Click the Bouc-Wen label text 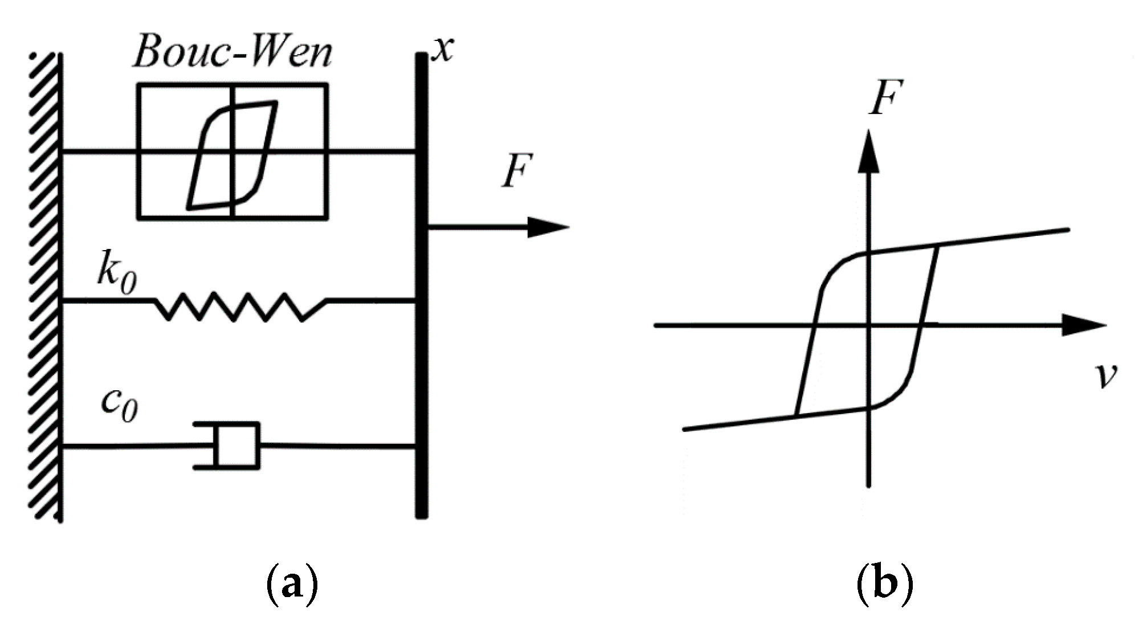232,54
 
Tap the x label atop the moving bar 443,50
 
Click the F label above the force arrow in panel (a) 517,170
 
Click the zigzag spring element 239,307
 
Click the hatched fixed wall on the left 44,285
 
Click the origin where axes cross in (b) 868,325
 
